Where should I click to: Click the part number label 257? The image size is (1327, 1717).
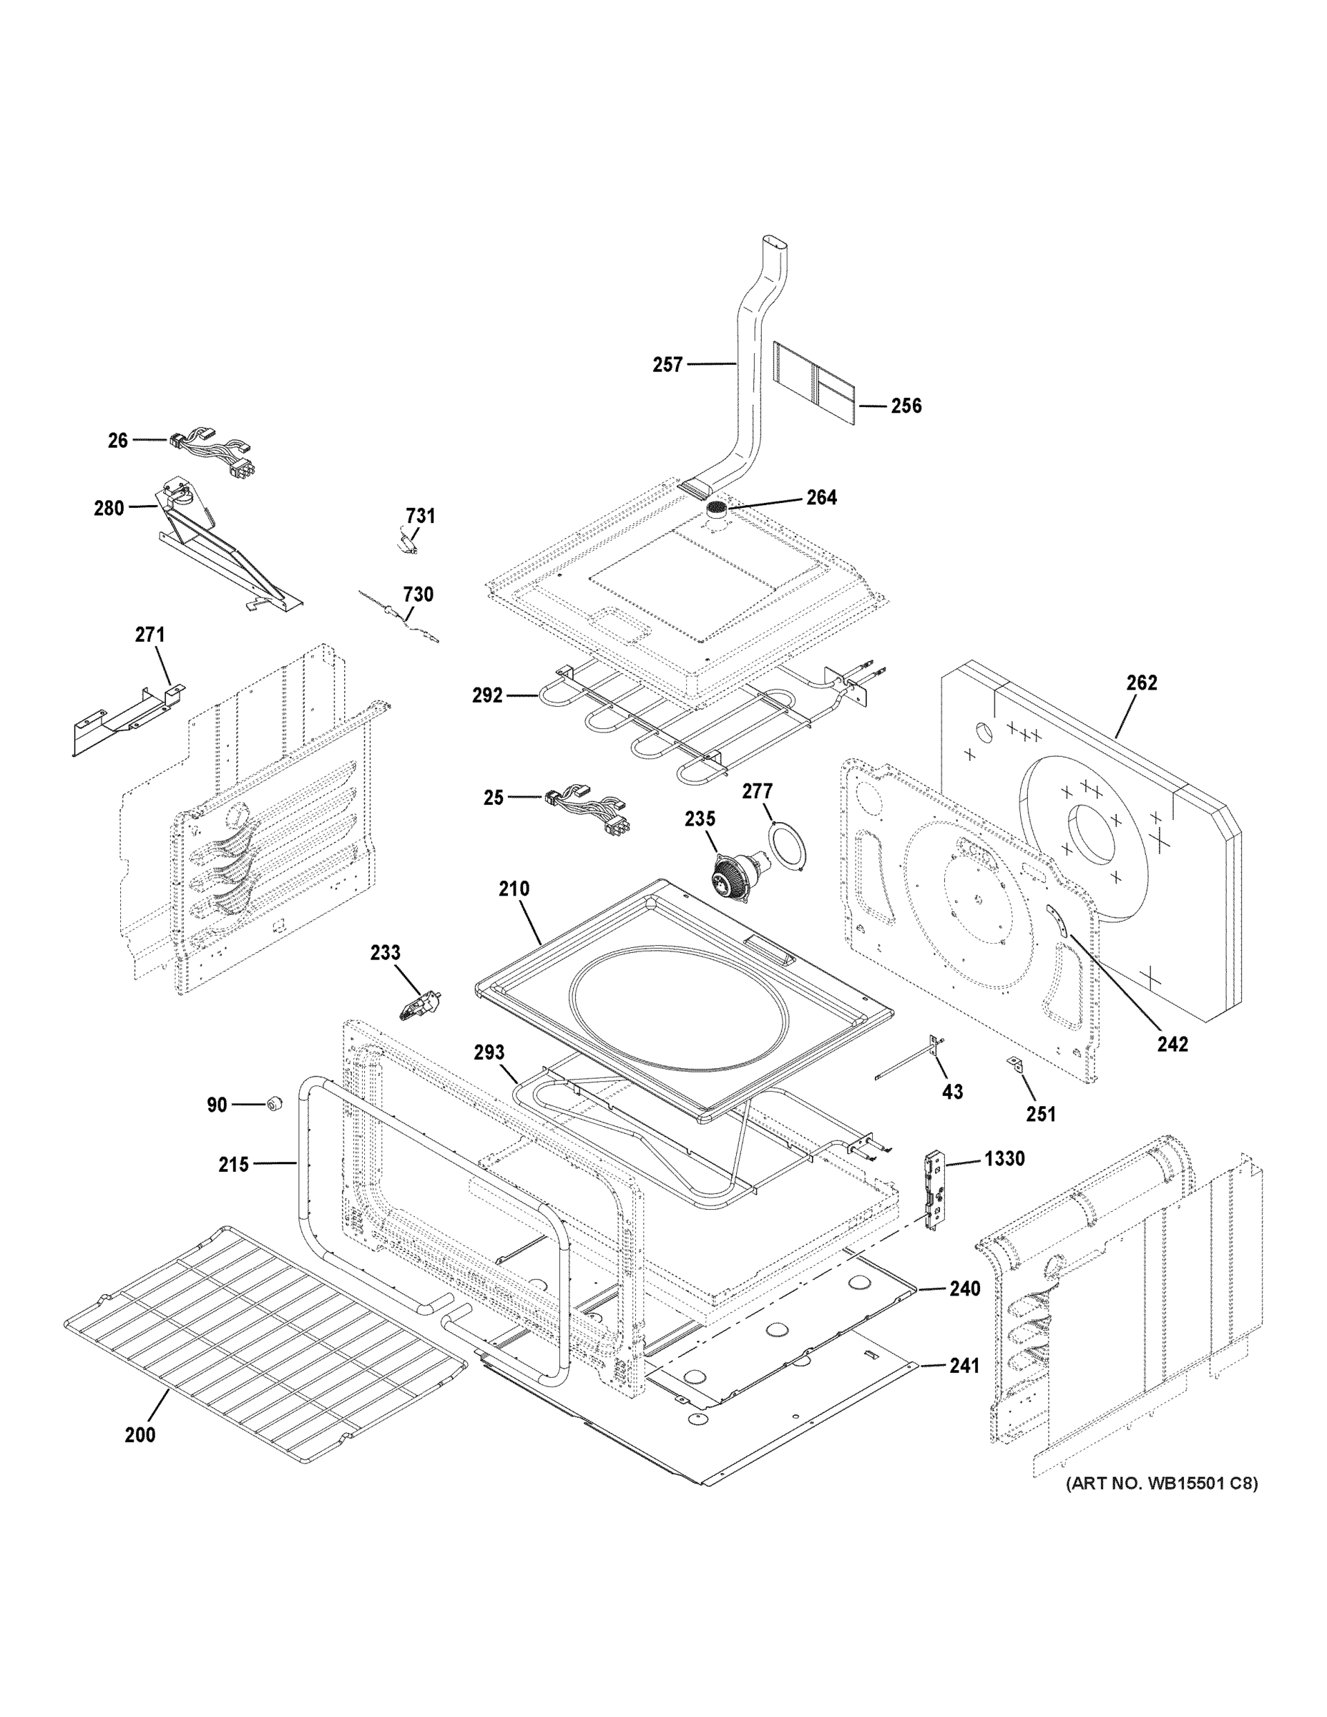click(x=667, y=364)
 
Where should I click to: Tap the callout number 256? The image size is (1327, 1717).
click(x=906, y=406)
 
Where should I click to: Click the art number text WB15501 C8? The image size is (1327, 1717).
click(x=1160, y=1484)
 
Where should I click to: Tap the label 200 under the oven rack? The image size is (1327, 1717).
click(x=140, y=1434)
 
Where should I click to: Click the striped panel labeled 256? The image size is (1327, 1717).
click(x=814, y=382)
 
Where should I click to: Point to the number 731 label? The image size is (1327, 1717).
click(x=420, y=516)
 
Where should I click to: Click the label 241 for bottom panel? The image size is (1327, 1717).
click(x=964, y=1366)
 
